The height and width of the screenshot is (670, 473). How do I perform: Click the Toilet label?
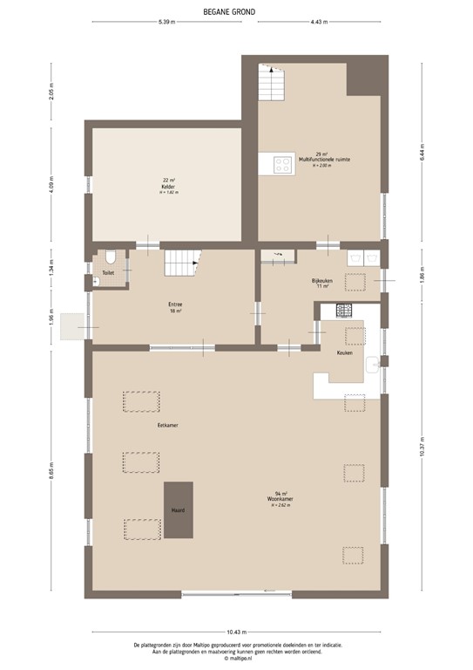107,273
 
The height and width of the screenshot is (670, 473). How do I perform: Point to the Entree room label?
175,304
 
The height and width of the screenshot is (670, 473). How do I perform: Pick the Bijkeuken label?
322,282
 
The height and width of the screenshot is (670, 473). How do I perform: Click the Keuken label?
344,352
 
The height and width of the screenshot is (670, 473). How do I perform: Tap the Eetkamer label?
156,425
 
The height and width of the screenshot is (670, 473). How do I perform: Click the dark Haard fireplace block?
179,509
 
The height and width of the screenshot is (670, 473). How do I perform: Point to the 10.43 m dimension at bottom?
236,631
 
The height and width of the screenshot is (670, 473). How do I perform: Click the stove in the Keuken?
344,309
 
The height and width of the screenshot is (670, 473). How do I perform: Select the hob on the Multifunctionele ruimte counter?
283,163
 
